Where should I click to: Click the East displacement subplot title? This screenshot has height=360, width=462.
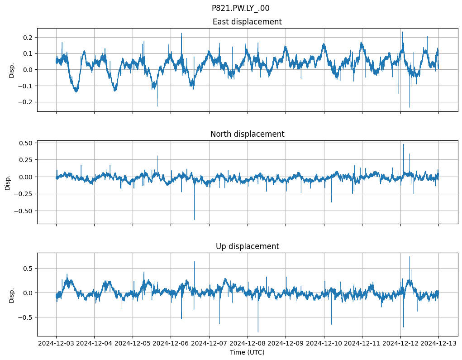[247, 22]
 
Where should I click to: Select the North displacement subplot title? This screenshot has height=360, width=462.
[247, 134]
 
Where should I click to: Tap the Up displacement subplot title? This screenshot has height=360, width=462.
[247, 246]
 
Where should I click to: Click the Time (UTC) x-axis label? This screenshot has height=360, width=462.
[247, 352]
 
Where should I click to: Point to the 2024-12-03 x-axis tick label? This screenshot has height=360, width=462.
[56, 343]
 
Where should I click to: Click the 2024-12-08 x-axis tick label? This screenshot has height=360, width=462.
[247, 343]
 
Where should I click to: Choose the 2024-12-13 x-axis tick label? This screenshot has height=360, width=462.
[438, 343]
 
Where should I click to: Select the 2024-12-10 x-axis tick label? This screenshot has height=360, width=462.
[324, 343]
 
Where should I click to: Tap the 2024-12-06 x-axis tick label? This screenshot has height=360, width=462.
[171, 343]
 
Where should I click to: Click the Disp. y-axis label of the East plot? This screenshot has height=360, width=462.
[12, 70]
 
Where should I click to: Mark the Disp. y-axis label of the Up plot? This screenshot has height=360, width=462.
[12, 295]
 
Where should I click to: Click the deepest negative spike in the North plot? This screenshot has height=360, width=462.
[195, 219]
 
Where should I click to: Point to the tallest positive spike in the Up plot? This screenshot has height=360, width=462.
[409, 257]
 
